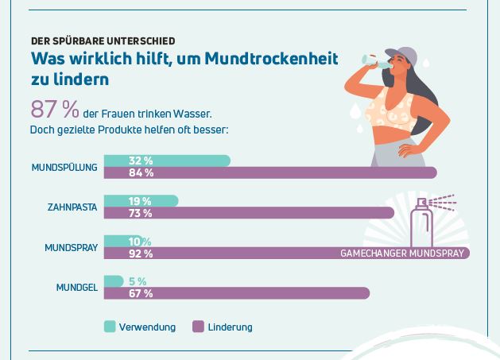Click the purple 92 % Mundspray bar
click(238, 254)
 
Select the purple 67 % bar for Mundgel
click(262, 293)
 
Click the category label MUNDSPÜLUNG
click(64, 168)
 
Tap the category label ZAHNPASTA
click(72, 207)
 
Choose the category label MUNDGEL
click(76, 288)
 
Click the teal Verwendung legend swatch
click(110, 327)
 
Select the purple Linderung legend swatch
click(198, 327)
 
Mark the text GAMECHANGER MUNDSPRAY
click(402, 254)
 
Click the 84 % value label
click(141, 173)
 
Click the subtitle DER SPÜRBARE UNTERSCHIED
click(103, 41)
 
